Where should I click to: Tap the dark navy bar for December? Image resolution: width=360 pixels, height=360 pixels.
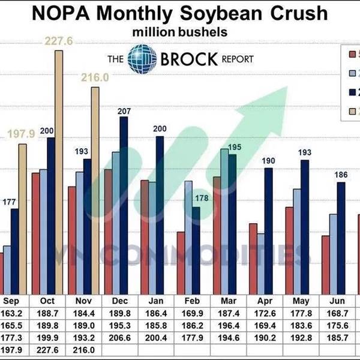point(124,204)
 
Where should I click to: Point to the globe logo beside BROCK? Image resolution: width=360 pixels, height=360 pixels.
point(143,59)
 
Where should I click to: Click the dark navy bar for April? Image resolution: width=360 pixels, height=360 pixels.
point(269,230)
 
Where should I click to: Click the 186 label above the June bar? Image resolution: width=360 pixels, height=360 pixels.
point(341,174)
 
